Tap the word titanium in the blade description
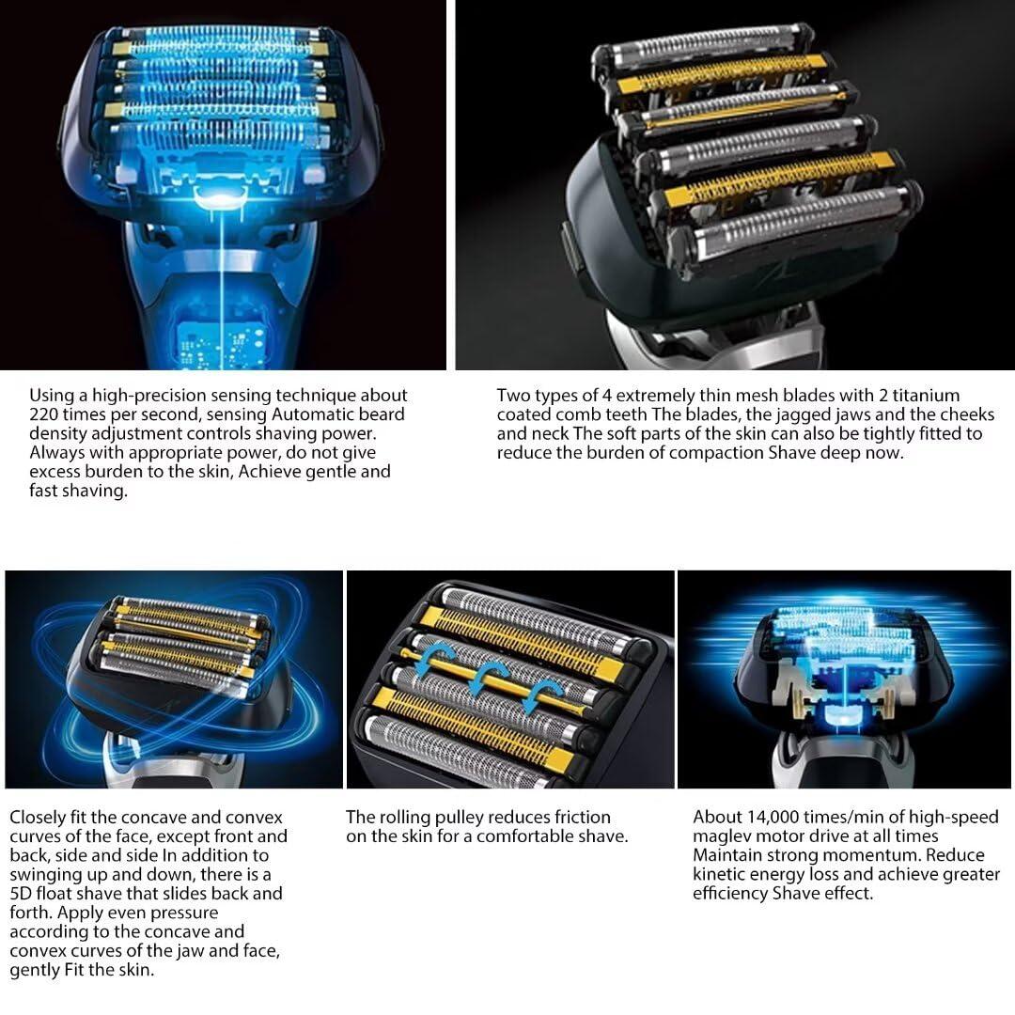click(926, 396)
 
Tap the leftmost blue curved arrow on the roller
click(430, 659)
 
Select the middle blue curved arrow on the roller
click(484, 677)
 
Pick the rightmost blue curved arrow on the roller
click(539, 695)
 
